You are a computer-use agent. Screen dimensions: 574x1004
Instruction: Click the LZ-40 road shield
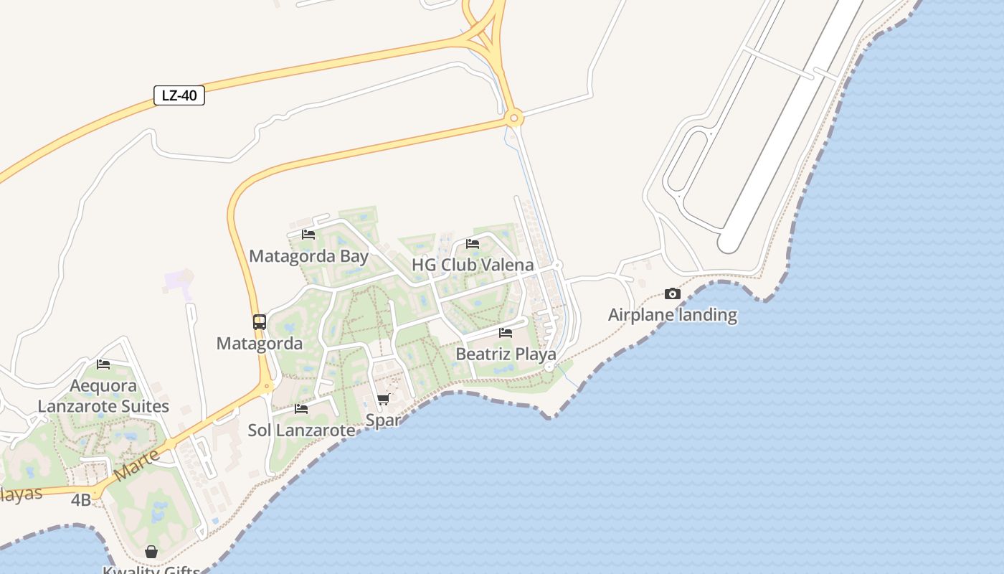(x=179, y=95)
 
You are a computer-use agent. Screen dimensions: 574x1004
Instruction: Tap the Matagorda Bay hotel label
(x=308, y=256)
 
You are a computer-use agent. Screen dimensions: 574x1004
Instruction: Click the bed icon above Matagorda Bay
(x=308, y=234)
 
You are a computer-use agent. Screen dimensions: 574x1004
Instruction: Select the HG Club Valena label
(x=472, y=265)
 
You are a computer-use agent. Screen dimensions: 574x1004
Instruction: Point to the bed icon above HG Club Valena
(x=472, y=244)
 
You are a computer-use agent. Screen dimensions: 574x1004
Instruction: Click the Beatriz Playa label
(x=506, y=354)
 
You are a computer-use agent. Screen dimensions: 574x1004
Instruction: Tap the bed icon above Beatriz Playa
(x=506, y=333)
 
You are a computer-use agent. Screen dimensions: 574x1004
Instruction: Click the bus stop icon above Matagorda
(x=260, y=322)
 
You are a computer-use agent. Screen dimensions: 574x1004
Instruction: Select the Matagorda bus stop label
(x=260, y=344)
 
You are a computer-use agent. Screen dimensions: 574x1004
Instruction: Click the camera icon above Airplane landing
(x=672, y=293)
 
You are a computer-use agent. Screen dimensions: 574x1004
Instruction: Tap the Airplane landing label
(x=672, y=315)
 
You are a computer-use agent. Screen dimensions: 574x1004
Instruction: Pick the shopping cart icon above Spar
(x=383, y=399)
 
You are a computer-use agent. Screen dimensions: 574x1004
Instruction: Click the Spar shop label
(x=383, y=420)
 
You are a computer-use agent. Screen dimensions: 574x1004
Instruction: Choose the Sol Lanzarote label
(x=301, y=430)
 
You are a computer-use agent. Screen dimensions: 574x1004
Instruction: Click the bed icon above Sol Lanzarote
(x=301, y=409)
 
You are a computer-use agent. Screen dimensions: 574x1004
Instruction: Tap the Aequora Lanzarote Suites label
(x=103, y=396)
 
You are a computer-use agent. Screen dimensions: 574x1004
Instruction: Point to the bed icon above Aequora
(x=103, y=364)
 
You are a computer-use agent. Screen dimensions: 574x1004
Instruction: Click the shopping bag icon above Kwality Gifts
(x=151, y=552)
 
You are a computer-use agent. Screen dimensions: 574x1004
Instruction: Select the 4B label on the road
(x=81, y=500)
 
